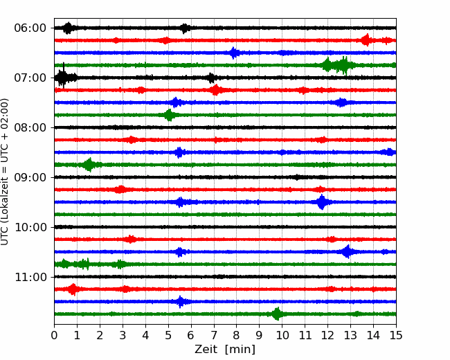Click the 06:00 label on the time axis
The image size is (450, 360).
pos(30,28)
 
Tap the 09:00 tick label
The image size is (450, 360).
pos(30,177)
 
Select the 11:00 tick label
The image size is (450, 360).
pos(30,277)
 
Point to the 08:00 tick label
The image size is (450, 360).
pos(30,128)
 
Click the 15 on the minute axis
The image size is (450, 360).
pos(396,335)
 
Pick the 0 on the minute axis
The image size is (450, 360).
pos(54,335)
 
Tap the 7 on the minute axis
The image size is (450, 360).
pos(214,335)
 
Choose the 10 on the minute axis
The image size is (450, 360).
pos(282,335)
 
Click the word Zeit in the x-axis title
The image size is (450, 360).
pos(206,349)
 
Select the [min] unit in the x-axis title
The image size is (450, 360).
pos(240,350)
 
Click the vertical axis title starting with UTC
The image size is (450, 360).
pos(4,172)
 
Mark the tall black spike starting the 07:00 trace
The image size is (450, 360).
pos(64,75)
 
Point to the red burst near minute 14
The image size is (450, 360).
pos(366,40)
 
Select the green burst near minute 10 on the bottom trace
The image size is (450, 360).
pos(277,314)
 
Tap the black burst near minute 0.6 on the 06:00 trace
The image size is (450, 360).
pos(68,28)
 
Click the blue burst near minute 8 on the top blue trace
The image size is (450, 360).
pos(234,53)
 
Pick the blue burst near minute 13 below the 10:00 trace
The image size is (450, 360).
pos(348,252)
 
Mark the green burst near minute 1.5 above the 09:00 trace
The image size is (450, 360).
pos(89,165)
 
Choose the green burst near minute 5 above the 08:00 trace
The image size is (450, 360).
pos(169,115)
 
